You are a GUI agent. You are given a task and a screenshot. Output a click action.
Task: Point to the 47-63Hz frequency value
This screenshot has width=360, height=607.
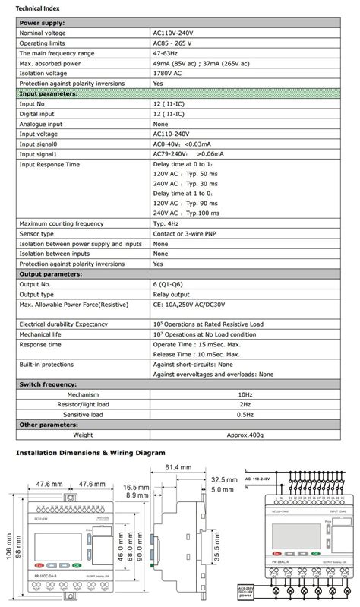[x=168, y=53]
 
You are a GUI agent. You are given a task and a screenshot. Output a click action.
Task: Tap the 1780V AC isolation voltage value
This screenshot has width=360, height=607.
[x=170, y=73]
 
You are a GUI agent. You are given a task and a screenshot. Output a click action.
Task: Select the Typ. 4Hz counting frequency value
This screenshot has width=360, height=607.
[x=170, y=223]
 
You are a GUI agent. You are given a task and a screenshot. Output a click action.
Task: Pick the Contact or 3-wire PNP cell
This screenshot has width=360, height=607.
[x=188, y=233]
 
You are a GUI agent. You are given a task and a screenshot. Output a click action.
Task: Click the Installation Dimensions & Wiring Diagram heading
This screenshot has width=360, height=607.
[x=90, y=452]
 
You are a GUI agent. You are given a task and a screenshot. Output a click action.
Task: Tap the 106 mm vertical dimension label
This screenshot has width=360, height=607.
[x=8, y=543]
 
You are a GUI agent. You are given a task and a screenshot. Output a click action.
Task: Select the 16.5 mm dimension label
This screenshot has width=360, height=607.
[x=136, y=487]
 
